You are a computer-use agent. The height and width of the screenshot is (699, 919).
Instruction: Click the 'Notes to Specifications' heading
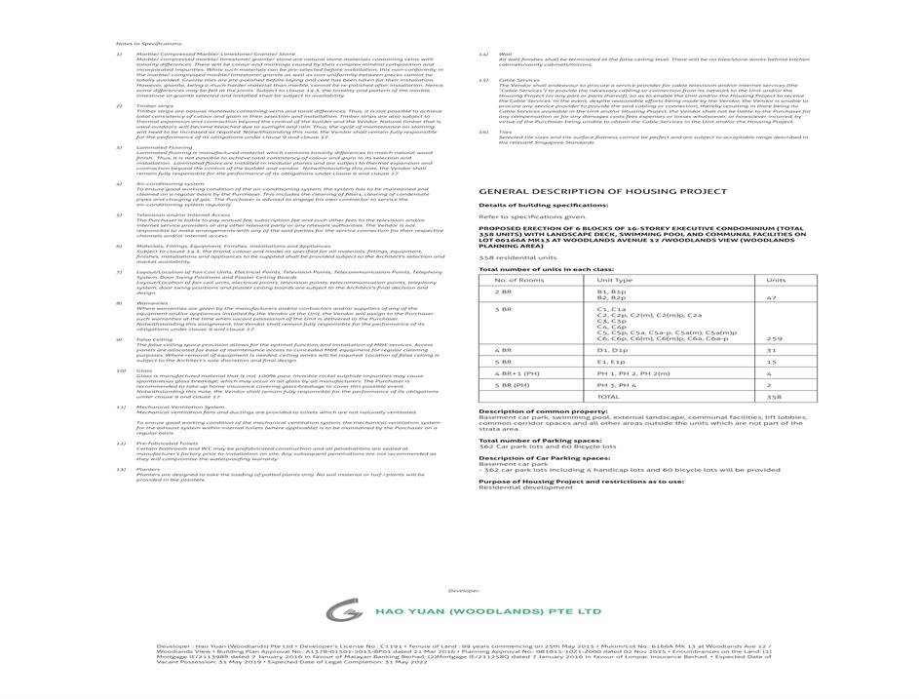(142, 44)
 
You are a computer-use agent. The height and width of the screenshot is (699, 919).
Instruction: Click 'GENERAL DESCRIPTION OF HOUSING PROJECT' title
(602, 191)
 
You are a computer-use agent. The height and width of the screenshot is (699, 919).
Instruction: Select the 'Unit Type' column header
(614, 280)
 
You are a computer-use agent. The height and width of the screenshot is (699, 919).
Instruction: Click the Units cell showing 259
(775, 338)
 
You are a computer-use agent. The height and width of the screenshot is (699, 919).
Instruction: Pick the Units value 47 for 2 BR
(771, 297)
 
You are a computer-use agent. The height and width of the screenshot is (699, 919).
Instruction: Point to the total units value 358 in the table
(775, 397)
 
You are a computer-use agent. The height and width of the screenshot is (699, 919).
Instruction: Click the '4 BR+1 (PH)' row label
(516, 373)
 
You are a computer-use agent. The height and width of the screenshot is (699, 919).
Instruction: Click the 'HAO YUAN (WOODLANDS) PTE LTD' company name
(488, 611)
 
